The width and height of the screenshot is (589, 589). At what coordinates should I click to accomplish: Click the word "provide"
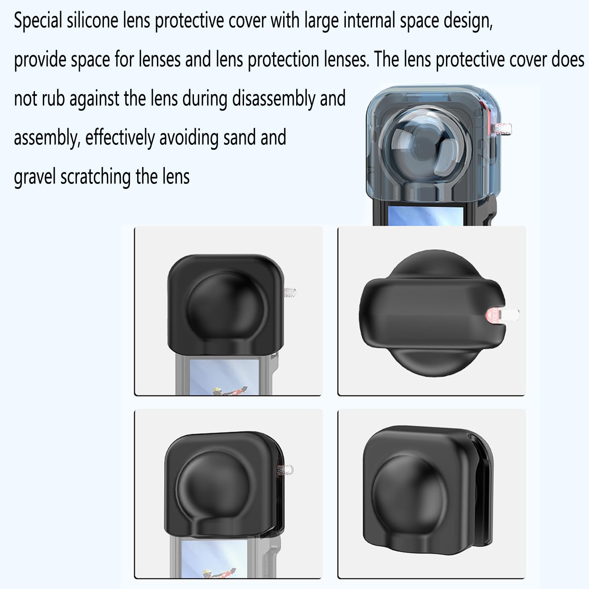point(40,60)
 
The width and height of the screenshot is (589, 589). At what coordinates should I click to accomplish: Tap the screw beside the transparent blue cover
point(503,128)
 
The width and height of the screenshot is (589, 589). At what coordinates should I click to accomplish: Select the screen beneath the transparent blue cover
point(425,216)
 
